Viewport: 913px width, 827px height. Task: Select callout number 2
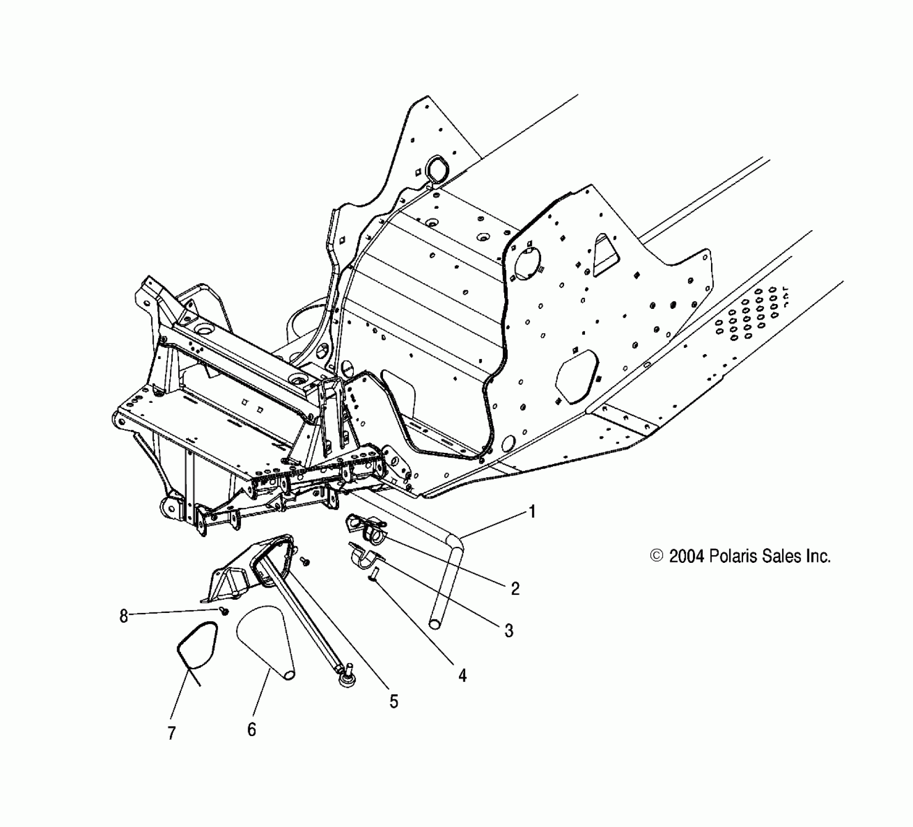pyautogui.click(x=515, y=589)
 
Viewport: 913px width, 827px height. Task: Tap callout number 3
pyautogui.click(x=509, y=631)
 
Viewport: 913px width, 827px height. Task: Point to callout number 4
pyautogui.click(x=462, y=675)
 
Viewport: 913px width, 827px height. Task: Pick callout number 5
pyautogui.click(x=394, y=701)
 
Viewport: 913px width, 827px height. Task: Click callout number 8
pyautogui.click(x=124, y=616)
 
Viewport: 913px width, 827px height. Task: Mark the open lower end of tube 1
pyautogui.click(x=435, y=623)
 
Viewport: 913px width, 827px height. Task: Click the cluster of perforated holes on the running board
pyautogui.click(x=749, y=314)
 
